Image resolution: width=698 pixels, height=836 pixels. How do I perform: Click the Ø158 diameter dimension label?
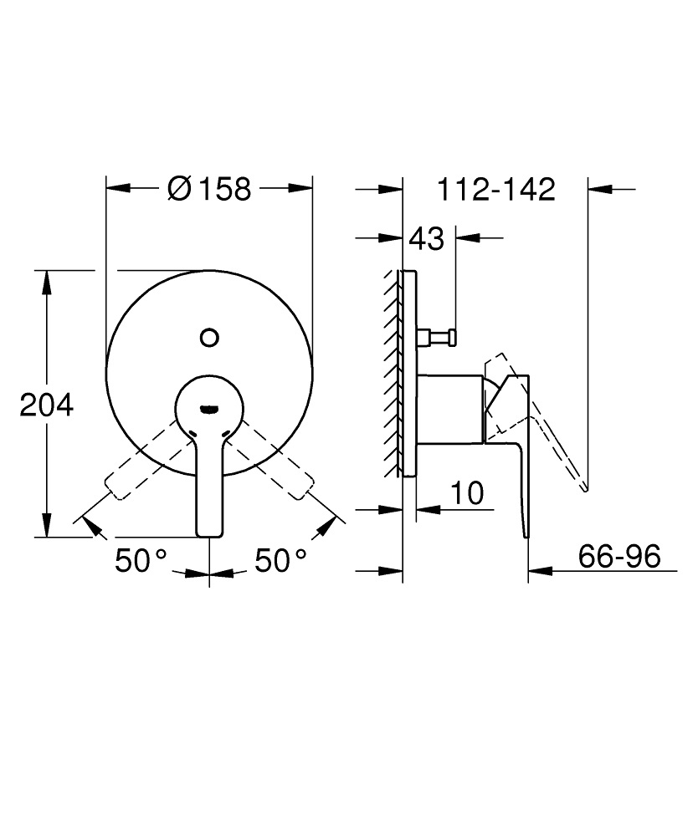coord(209,189)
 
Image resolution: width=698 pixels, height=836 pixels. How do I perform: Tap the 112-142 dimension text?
coord(496,189)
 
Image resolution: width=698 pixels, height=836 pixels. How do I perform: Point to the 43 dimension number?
coord(426,239)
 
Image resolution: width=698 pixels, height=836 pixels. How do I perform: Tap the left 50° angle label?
coord(141,560)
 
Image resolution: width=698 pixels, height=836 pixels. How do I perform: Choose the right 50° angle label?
coord(280,560)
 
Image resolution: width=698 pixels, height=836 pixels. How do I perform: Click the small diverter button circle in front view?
coord(209,338)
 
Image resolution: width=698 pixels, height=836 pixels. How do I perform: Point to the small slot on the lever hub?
coord(208,409)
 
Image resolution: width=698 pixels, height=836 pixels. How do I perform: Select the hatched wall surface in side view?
coord(392,372)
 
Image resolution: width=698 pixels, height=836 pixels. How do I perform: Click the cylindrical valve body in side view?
coord(450,408)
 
